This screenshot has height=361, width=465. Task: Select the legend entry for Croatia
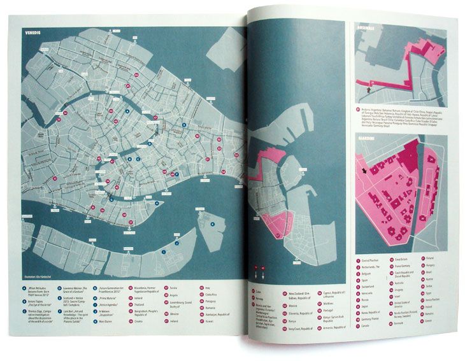click(x=142, y=322)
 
